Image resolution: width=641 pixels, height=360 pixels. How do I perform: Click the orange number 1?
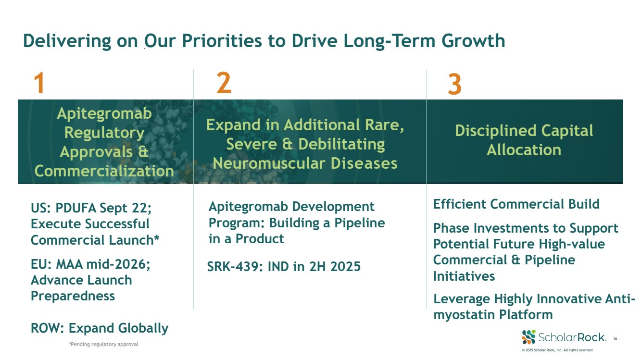(x=39, y=83)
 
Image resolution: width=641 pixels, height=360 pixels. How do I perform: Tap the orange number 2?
(x=224, y=83)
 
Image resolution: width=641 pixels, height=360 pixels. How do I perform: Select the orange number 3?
(x=455, y=84)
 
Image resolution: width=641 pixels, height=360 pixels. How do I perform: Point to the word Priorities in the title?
(x=222, y=40)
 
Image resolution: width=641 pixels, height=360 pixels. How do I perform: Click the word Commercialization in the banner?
(x=104, y=171)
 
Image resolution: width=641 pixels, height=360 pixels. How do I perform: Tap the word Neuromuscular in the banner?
(x=269, y=163)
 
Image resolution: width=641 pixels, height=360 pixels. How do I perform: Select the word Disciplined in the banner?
(x=496, y=131)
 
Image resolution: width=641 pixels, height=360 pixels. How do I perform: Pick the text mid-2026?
(x=118, y=264)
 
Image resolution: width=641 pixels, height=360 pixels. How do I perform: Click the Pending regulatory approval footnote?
(x=103, y=344)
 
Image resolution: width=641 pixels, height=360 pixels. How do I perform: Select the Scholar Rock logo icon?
(x=528, y=337)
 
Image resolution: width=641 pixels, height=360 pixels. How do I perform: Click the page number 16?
(x=615, y=338)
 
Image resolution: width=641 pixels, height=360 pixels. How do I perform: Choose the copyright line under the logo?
(x=558, y=350)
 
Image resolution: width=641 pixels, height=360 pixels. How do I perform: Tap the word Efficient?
(x=460, y=204)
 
